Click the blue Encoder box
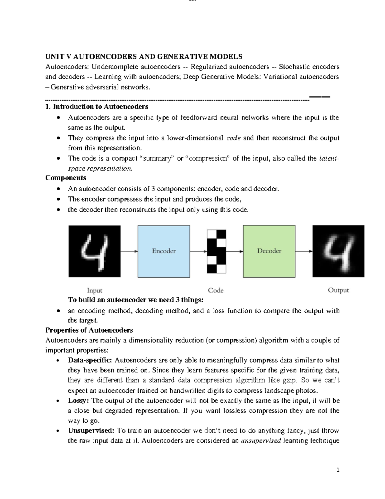[164, 251]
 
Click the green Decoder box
[269, 251]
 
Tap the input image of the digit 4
[95, 251]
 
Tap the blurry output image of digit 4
[338, 251]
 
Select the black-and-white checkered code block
[216, 251]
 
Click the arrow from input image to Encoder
[129, 251]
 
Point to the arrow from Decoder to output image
[304, 251]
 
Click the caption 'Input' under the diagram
[95, 290]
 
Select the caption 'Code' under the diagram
[216, 290]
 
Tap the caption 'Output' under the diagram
[338, 290]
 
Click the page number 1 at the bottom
[338, 470]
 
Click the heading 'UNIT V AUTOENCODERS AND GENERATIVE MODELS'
[144, 57]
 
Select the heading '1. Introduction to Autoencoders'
[97, 106]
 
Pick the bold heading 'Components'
[66, 178]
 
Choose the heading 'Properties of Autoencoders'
[89, 330]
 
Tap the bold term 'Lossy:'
[79, 401]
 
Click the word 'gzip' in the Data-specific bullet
[290, 380]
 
